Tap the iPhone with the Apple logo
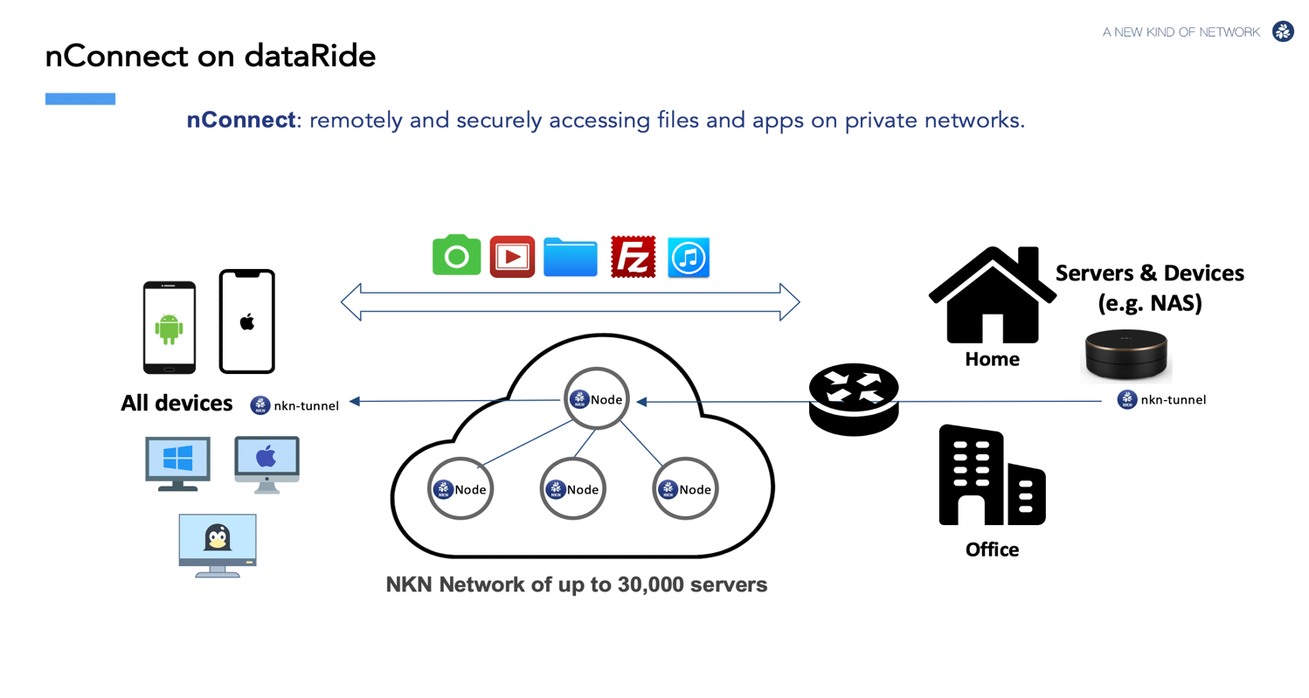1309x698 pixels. point(246,321)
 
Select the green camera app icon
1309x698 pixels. point(456,255)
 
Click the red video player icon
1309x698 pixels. point(512,256)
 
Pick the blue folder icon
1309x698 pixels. point(570,257)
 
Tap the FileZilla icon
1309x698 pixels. point(633,257)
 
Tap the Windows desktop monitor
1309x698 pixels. point(177,463)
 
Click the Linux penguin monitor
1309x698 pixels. point(218,544)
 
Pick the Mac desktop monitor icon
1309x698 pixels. point(267,463)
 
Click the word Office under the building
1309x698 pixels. point(992,549)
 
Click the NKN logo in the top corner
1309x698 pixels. point(1283,31)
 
